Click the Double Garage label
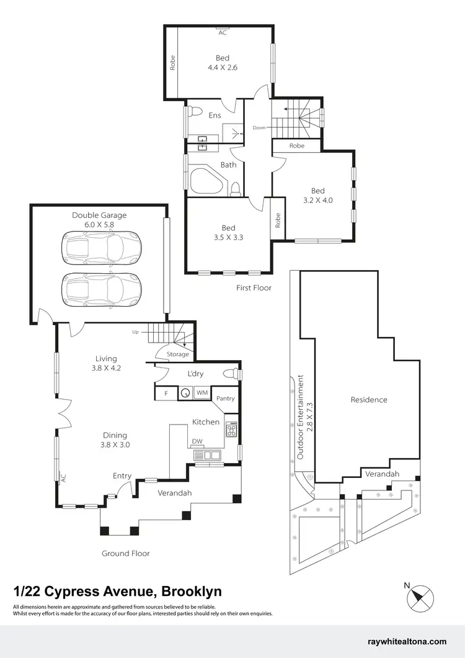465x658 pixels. point(99,215)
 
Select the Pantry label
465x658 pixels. point(226,398)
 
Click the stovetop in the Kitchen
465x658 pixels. point(231,430)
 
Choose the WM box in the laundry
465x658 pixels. point(202,392)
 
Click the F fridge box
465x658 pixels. point(166,392)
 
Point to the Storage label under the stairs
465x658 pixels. point(178,354)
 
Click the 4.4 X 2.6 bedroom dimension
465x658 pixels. point(223,68)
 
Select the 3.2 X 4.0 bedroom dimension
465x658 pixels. point(317,200)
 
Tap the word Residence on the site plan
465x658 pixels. point(369,400)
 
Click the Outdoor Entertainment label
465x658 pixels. point(300,416)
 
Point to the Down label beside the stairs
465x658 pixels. point(259,127)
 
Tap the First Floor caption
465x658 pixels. point(254,287)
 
